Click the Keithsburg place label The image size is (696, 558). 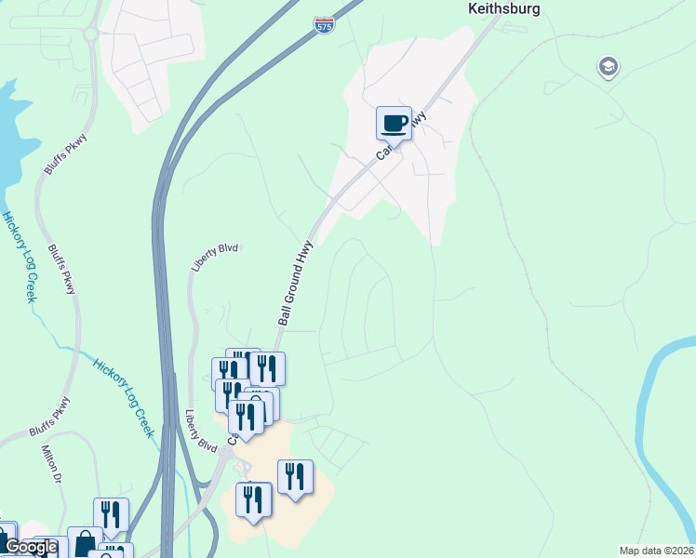tap(502, 8)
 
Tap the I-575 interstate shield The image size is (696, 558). tap(324, 24)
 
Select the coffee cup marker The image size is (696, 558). tap(394, 124)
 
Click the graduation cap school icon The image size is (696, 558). tap(608, 67)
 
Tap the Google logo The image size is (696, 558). tap(30, 547)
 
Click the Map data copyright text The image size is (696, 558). tap(657, 551)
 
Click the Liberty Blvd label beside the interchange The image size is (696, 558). tap(200, 432)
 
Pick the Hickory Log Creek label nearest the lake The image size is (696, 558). tap(19, 257)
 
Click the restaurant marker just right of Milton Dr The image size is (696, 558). tap(111, 515)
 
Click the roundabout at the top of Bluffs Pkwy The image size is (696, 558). tap(91, 34)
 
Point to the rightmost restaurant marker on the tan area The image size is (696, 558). tap(295, 478)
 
